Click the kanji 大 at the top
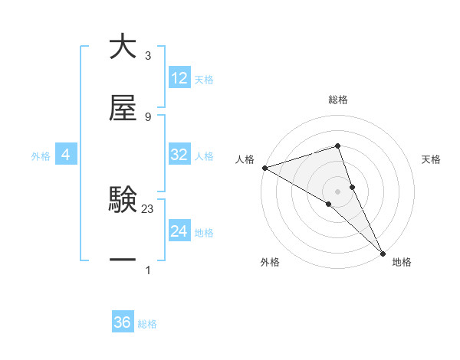point(123,47)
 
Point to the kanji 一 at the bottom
point(123,260)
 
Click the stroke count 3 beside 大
point(147,56)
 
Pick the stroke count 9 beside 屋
point(147,116)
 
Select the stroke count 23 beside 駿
point(148,208)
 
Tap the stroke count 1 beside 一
point(147,270)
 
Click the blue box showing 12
point(179,78)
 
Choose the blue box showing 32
point(179,155)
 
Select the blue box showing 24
point(179,231)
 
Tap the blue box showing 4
point(66,155)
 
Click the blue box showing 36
point(123,322)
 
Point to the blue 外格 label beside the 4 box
point(41,155)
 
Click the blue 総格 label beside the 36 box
point(147,324)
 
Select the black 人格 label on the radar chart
point(245,159)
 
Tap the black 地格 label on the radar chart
point(402,262)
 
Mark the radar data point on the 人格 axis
point(264,168)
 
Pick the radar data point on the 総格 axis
point(337,146)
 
